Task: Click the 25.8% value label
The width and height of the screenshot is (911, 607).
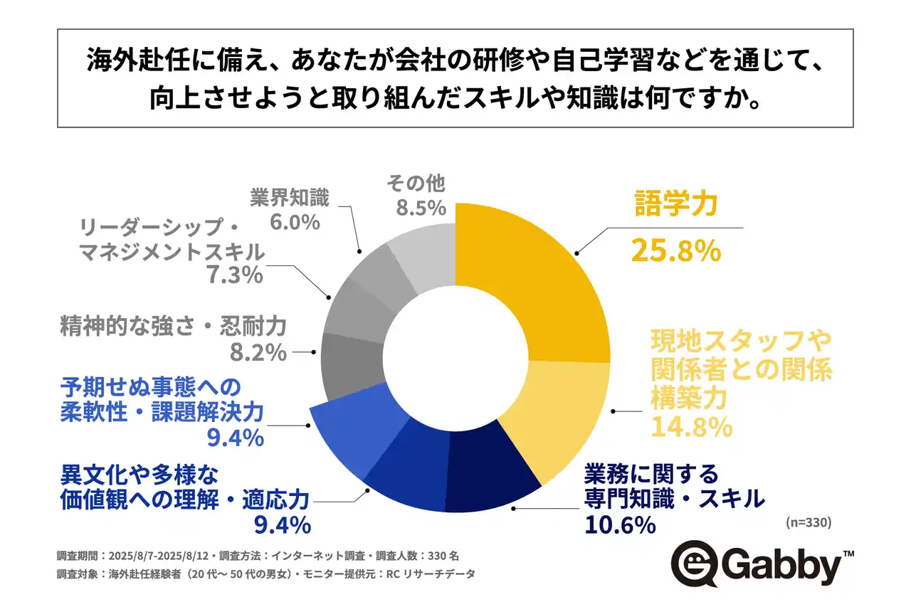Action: [x=676, y=250]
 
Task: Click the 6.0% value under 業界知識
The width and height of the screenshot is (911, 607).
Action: [x=295, y=222]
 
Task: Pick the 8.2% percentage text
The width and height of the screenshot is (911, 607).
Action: [x=258, y=352]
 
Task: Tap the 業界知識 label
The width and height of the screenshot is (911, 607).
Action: [x=289, y=197]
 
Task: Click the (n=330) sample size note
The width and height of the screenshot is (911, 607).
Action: [x=809, y=522]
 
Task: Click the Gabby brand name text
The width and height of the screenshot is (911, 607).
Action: [x=781, y=567]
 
